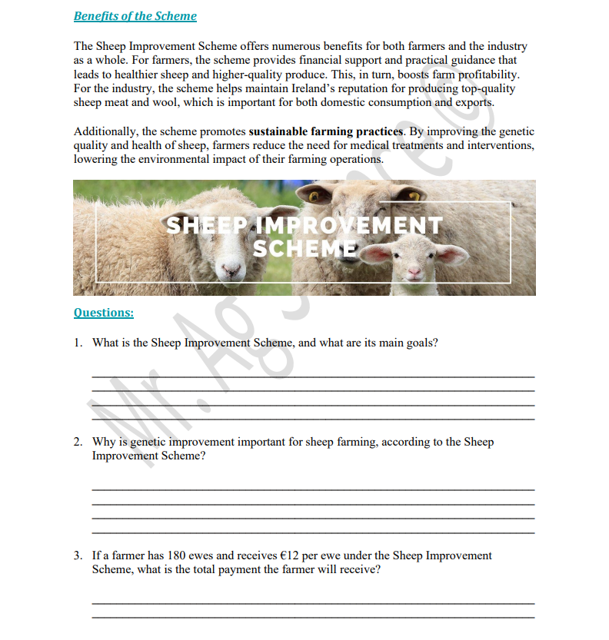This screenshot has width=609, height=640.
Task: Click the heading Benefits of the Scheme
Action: click(x=135, y=16)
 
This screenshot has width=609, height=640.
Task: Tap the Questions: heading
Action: click(x=103, y=313)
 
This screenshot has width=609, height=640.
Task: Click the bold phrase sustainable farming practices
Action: click(x=325, y=132)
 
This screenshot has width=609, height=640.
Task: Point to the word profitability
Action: click(x=488, y=75)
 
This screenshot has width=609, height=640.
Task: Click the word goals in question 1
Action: click(x=420, y=343)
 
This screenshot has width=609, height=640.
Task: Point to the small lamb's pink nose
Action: click(x=414, y=273)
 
